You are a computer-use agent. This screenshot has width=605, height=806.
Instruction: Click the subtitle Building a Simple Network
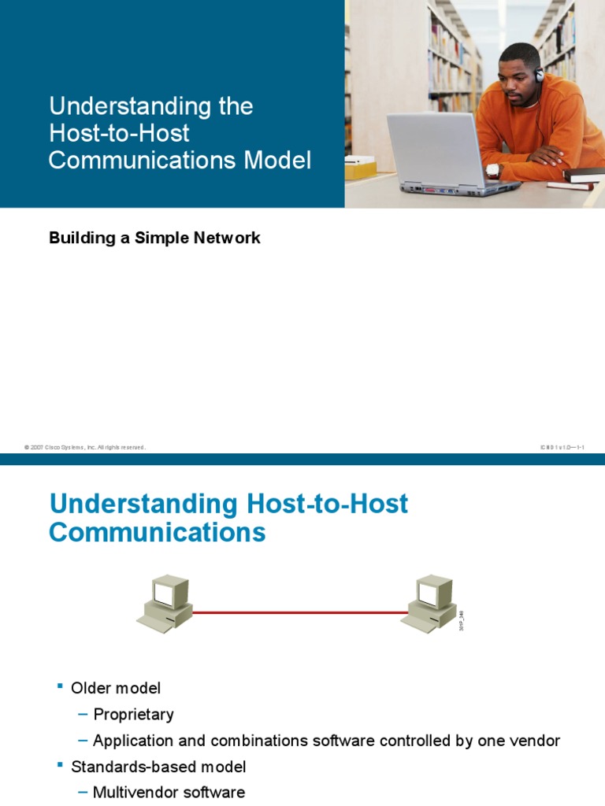[154, 238]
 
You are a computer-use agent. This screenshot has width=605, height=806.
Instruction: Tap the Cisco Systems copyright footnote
[85, 447]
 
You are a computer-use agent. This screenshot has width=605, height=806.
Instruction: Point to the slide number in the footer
[561, 447]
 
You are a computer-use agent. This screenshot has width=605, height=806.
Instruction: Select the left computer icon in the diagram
[165, 603]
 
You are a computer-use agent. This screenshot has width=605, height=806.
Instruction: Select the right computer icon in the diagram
[429, 603]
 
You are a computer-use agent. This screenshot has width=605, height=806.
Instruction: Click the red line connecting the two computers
[299, 612]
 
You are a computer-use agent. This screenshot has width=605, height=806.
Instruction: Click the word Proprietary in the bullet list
[133, 715]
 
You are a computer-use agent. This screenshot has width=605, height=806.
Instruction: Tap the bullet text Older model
[116, 688]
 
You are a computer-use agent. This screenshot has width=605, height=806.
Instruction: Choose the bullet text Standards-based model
[158, 766]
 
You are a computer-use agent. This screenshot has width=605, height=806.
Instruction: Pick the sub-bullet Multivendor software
[169, 792]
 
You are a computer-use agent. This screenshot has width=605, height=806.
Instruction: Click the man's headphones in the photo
[539, 76]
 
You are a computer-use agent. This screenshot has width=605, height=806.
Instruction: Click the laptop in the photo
[441, 157]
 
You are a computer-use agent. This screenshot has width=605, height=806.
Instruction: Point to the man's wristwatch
[493, 169]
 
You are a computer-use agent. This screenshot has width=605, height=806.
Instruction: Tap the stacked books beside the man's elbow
[581, 177]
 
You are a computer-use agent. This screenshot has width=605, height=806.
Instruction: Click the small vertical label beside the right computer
[462, 619]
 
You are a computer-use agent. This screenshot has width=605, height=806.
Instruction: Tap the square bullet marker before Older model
[59, 687]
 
